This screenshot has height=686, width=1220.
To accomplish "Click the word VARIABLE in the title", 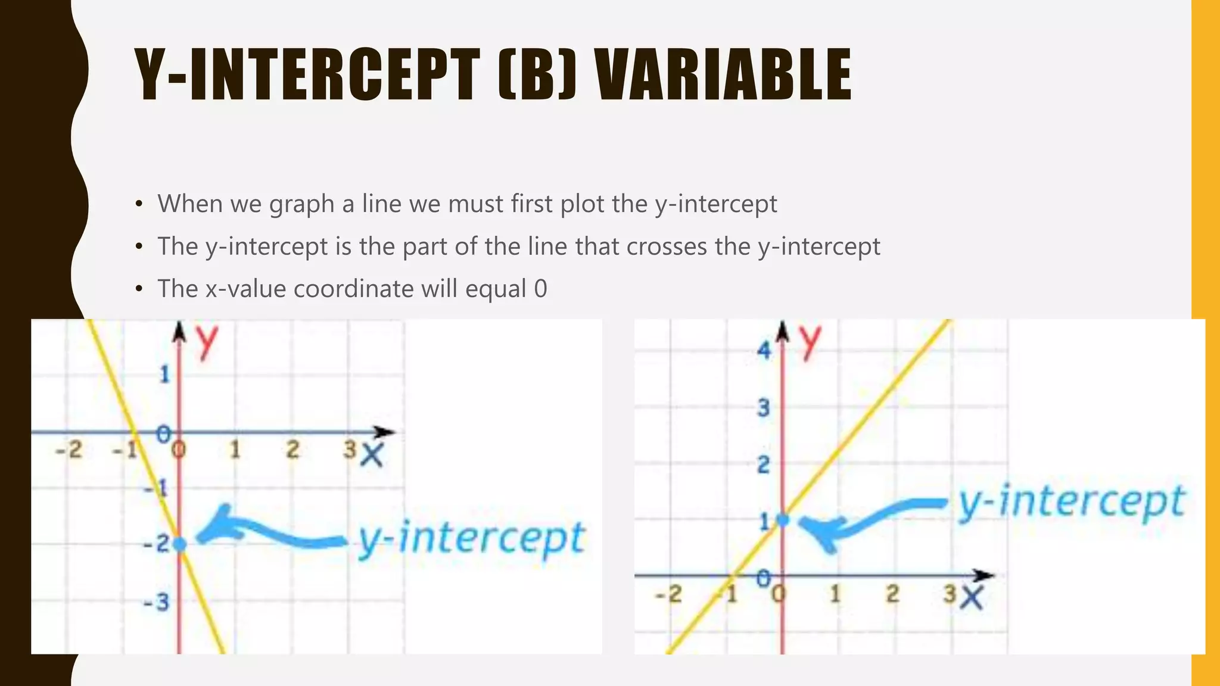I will [x=724, y=76].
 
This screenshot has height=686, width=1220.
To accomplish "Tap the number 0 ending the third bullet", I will [x=540, y=289].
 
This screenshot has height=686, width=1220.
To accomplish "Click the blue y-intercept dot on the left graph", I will [x=179, y=543].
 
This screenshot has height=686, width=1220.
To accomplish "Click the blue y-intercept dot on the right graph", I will [x=783, y=520].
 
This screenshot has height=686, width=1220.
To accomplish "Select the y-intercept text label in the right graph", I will [x=1071, y=503].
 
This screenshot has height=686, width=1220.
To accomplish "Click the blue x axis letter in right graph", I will [x=971, y=597].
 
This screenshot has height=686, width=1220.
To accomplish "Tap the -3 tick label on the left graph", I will [x=157, y=603].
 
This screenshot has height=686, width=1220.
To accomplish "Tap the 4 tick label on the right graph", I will [x=763, y=350].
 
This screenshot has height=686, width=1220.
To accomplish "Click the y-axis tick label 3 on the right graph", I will [x=763, y=409].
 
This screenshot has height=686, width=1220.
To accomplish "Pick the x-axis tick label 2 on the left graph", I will [x=292, y=450].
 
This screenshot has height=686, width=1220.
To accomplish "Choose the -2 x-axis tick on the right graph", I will [x=668, y=594].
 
